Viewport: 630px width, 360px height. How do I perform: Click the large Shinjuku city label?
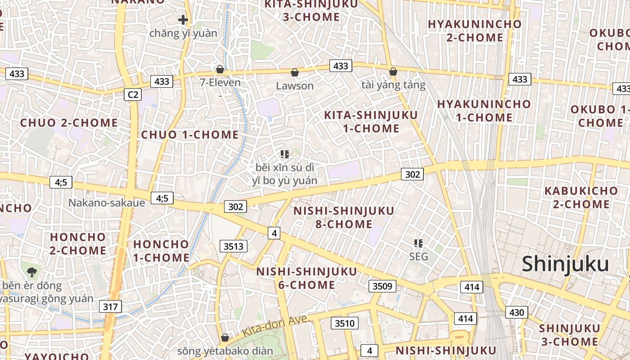coord(565,264)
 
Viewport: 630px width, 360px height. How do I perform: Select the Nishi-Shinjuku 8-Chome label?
coord(344,217)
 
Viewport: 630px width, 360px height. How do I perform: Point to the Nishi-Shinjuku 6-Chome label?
coord(306,278)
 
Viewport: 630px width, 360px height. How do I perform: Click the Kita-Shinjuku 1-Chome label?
coord(371,121)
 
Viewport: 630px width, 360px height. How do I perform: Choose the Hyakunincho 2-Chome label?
coord(474,31)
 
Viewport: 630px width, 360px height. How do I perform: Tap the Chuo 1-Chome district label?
coord(190,135)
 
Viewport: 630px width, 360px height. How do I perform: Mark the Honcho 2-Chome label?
coord(78,243)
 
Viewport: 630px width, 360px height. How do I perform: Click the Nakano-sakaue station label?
coord(107,202)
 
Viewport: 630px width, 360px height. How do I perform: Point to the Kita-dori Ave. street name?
coord(276,326)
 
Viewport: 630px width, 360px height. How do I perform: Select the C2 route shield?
coord(133,94)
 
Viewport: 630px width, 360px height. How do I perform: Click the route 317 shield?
coord(110,307)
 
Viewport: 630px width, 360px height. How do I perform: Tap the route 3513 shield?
coord(234,246)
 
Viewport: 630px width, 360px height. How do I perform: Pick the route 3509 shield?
coord(382,286)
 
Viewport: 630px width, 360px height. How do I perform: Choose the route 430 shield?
coord(517,312)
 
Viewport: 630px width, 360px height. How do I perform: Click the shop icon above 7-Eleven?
coord(220,69)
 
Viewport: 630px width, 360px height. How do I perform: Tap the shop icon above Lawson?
coord(295,72)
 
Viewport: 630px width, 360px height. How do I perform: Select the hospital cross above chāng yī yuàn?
coord(183,20)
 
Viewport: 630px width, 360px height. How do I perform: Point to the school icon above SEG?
coord(418,243)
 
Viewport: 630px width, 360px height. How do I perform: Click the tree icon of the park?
coord(32,272)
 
